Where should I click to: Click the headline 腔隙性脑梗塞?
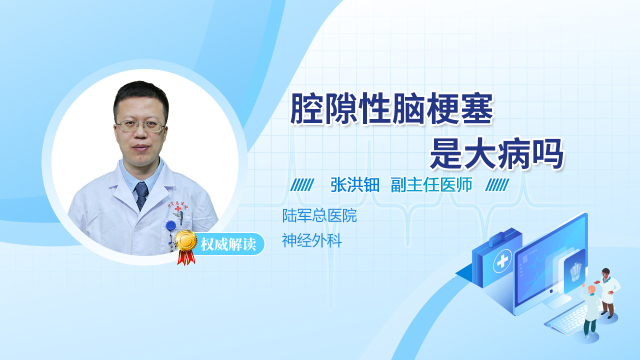(x=392, y=109)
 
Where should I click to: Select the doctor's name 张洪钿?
(x=355, y=185)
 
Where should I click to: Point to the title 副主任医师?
(x=431, y=185)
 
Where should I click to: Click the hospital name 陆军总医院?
(x=319, y=215)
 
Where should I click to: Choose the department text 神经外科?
(x=311, y=240)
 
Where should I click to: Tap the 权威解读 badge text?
(x=228, y=244)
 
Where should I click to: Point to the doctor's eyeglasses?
(x=140, y=125)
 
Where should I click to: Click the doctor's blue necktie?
(x=141, y=196)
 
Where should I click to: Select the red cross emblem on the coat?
(x=178, y=209)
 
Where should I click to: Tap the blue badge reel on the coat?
(x=171, y=225)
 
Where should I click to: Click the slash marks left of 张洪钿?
(x=302, y=185)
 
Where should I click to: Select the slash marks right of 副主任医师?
(x=497, y=185)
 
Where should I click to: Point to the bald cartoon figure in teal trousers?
(x=590, y=311)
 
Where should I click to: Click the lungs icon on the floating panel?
(x=575, y=271)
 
